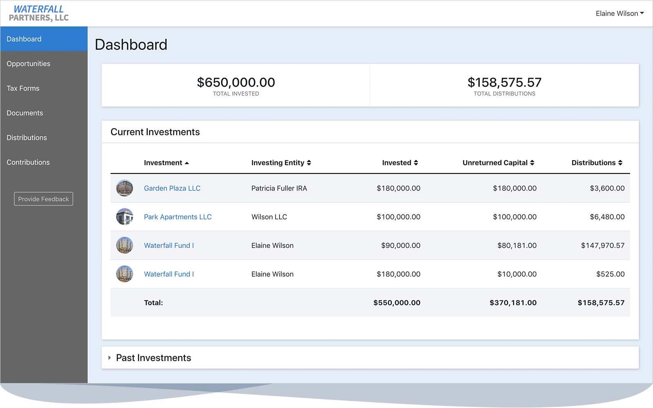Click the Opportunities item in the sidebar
(29, 64)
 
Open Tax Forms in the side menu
(23, 89)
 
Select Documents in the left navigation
(25, 113)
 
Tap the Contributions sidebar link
(28, 162)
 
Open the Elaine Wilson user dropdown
(620, 13)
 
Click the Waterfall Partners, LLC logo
(39, 13)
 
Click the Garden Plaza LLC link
(172, 188)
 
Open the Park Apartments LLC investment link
(178, 217)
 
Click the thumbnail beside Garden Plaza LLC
(124, 188)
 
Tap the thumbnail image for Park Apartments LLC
(124, 217)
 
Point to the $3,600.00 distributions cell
(607, 188)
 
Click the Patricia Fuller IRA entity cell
(279, 188)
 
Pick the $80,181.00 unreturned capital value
(517, 246)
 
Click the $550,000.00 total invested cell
(397, 303)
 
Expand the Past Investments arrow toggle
(109, 358)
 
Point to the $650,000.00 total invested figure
(236, 82)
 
